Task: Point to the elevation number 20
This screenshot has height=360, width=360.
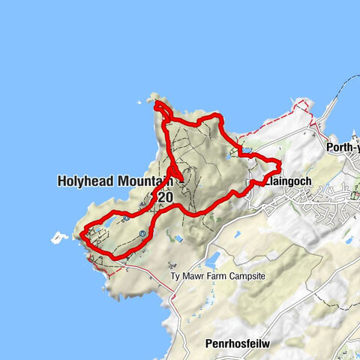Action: click(x=164, y=196)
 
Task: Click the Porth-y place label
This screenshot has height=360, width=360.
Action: click(x=343, y=147)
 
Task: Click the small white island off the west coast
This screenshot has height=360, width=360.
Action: click(x=58, y=238)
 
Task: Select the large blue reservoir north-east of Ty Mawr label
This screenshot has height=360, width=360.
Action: click(x=211, y=259)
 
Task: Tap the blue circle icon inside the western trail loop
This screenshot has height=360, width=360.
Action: click(x=142, y=234)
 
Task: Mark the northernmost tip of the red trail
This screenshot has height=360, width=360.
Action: click(x=157, y=104)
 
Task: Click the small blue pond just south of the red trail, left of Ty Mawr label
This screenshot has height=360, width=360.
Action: click(x=178, y=238)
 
